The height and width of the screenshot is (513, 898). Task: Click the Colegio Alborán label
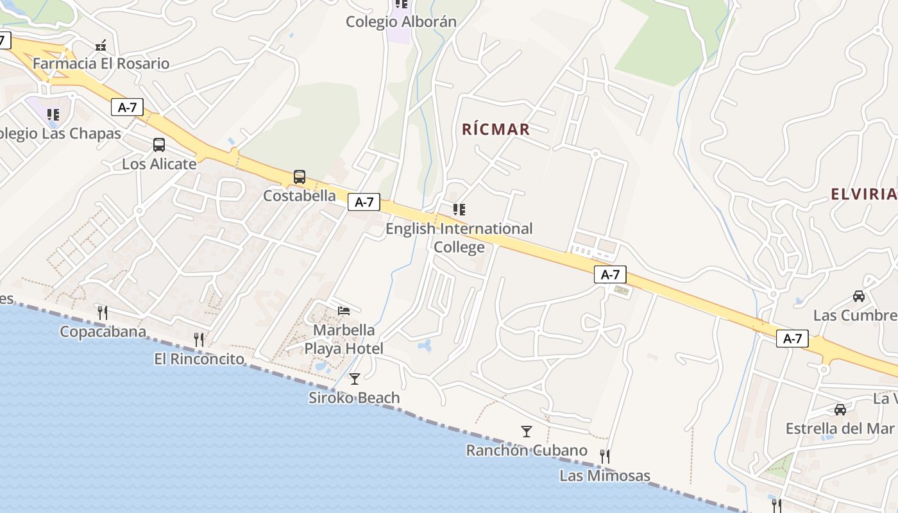[x=401, y=22]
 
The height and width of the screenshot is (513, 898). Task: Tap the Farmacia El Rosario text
[x=101, y=63]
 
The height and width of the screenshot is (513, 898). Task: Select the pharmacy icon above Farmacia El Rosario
[x=101, y=46]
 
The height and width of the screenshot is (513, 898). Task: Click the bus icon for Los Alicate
[x=159, y=145]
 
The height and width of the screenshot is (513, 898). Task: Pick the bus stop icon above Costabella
[x=300, y=177]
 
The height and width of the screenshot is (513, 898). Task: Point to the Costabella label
[x=300, y=196]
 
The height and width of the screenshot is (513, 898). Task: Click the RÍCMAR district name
[x=496, y=130]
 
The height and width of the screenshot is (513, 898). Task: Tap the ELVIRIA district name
[x=863, y=194]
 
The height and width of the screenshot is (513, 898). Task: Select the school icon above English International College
[x=459, y=210]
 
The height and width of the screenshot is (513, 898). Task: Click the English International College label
[x=459, y=237]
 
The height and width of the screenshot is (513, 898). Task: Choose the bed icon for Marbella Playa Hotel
[x=344, y=311]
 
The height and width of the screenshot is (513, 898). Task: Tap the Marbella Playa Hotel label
[x=344, y=339]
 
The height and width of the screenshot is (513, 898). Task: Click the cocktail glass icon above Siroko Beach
[x=354, y=379]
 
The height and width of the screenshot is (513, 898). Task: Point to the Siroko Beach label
[x=354, y=398]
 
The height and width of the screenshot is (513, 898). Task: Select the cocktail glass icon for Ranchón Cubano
[x=527, y=432]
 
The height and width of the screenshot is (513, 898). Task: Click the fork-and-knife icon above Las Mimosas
[x=604, y=457]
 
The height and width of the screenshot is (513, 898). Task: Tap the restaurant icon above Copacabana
[x=102, y=312]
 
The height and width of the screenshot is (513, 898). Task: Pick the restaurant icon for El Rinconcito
[x=199, y=340]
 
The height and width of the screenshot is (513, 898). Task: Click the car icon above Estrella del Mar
[x=840, y=409]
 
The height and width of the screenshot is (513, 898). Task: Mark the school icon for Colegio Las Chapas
[x=53, y=115]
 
